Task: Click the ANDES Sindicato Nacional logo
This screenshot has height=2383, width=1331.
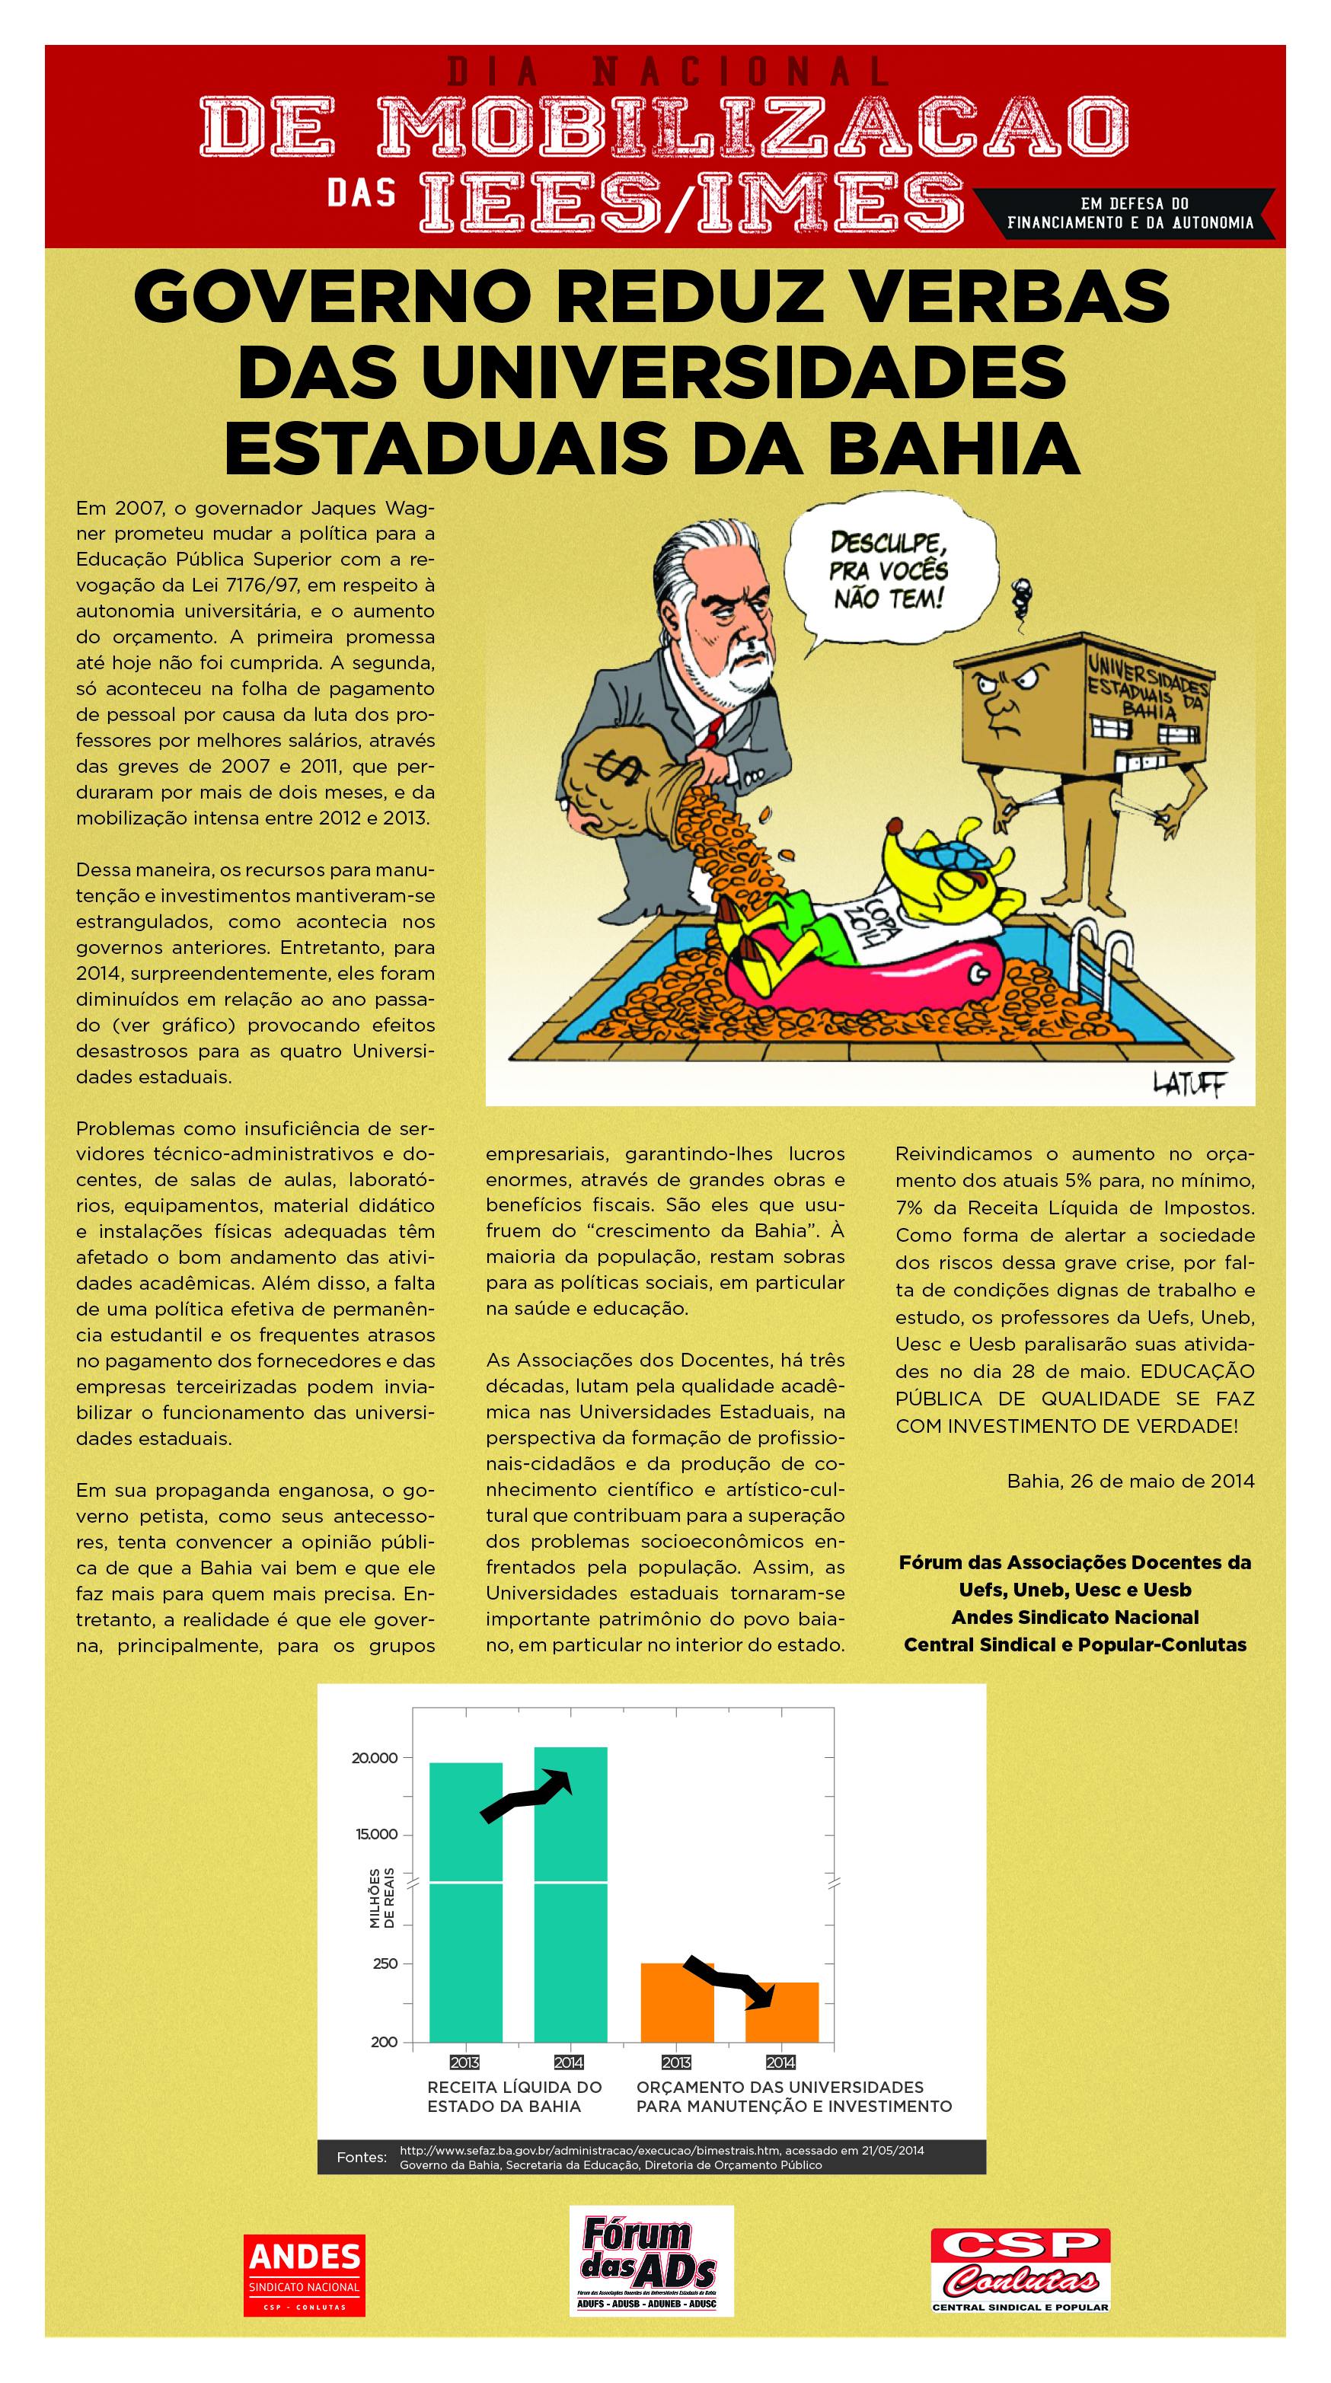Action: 305,2275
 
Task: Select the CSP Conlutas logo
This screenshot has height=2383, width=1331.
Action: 1020,2270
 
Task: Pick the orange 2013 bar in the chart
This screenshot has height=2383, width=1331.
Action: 676,2003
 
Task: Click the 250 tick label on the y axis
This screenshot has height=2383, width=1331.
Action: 385,1963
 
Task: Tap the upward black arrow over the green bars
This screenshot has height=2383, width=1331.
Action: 526,1794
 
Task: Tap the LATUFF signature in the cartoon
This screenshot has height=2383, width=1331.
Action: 1189,1083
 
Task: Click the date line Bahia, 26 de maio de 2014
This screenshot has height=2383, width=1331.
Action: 1130,1481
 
